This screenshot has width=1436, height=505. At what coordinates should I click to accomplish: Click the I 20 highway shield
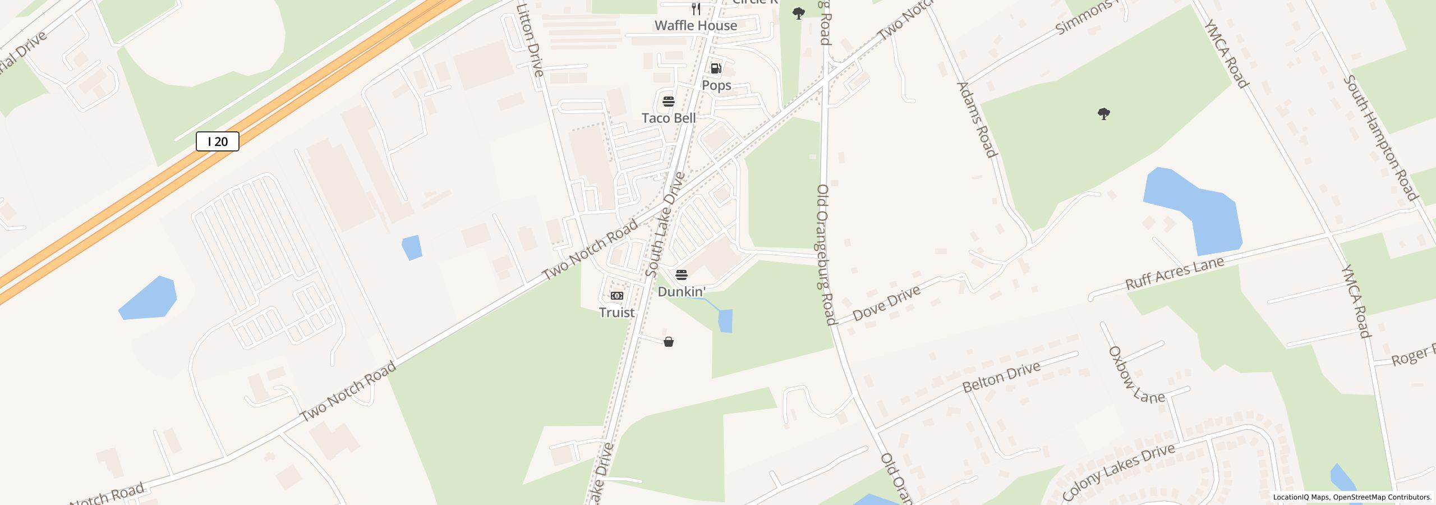click(x=218, y=141)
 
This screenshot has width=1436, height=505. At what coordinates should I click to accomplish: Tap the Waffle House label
click(x=696, y=25)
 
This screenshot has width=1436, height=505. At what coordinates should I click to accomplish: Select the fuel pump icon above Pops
click(x=716, y=68)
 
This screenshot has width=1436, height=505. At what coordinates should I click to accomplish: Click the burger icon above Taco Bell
click(x=669, y=102)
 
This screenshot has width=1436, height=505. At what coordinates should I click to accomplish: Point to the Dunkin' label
click(x=682, y=292)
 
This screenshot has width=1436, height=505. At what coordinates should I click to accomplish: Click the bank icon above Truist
click(x=616, y=296)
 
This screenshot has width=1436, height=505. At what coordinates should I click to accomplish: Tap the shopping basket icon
click(x=669, y=342)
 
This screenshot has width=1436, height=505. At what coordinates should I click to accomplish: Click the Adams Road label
click(x=977, y=120)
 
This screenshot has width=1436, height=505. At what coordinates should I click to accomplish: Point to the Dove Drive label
click(x=886, y=303)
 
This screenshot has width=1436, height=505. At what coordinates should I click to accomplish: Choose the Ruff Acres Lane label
click(x=1175, y=273)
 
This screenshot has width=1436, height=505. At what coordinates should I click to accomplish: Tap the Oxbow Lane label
click(x=1135, y=375)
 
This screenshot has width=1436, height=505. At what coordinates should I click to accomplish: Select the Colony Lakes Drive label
click(x=1118, y=472)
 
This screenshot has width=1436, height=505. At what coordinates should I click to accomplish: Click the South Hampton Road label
click(x=1380, y=137)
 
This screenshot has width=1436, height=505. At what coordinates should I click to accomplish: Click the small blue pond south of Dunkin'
click(x=725, y=321)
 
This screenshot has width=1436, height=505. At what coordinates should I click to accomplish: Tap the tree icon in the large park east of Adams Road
click(x=1103, y=114)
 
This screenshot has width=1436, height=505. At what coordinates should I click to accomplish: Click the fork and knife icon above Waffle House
click(x=696, y=8)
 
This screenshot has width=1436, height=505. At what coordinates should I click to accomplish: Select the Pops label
click(x=716, y=85)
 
